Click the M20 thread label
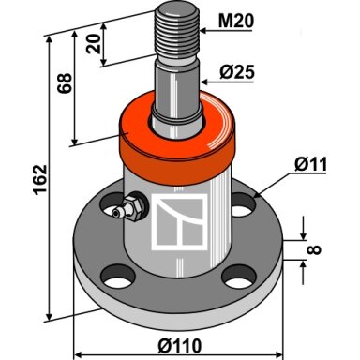(x=236, y=22)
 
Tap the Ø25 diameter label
(x=237, y=72)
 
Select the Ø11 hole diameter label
(x=310, y=164)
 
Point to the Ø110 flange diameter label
(x=180, y=346)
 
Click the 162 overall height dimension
(x=40, y=180)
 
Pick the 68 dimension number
(x=65, y=83)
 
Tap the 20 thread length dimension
(x=94, y=44)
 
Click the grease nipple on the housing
(x=129, y=208)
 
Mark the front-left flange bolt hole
(x=117, y=277)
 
